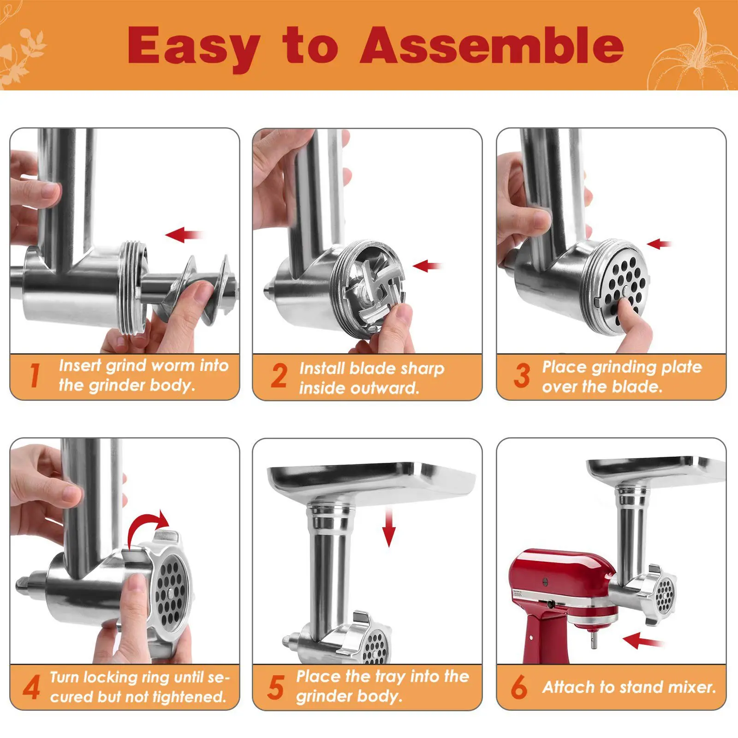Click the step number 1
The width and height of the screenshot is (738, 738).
tap(35, 375)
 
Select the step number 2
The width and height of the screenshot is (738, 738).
tap(279, 375)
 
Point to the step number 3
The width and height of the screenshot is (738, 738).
tap(522, 375)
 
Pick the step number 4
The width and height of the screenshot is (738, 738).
tap(31, 687)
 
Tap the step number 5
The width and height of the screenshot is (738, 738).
tap(276, 687)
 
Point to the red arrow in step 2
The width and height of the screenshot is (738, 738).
tap(428, 266)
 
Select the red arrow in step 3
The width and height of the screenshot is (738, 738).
tap(660, 244)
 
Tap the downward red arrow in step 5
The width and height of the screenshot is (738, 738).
tap(389, 527)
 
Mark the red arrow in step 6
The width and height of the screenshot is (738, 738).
tap(643, 640)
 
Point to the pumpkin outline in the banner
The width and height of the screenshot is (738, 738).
tap(692, 55)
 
